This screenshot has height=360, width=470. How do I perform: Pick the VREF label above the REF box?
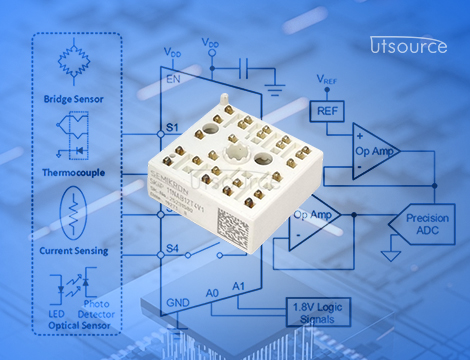pos(326,78)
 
